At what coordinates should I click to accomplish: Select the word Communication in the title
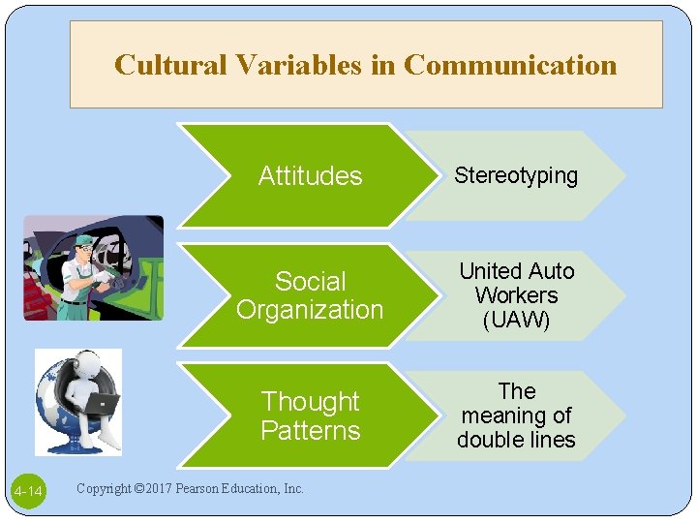click(510, 65)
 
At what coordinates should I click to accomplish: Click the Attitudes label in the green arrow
click(310, 176)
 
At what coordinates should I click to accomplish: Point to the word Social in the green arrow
click(310, 282)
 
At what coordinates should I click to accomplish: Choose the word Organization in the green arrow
click(310, 310)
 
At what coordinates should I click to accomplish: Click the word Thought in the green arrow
click(310, 401)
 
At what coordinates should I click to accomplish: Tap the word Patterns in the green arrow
click(310, 430)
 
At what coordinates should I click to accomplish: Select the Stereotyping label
click(516, 175)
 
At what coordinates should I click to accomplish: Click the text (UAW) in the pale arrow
click(516, 320)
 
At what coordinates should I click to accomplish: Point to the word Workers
click(516, 295)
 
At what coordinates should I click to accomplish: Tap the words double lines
click(516, 440)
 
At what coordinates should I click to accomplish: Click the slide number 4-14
click(28, 493)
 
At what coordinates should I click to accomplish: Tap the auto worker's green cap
click(85, 240)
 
